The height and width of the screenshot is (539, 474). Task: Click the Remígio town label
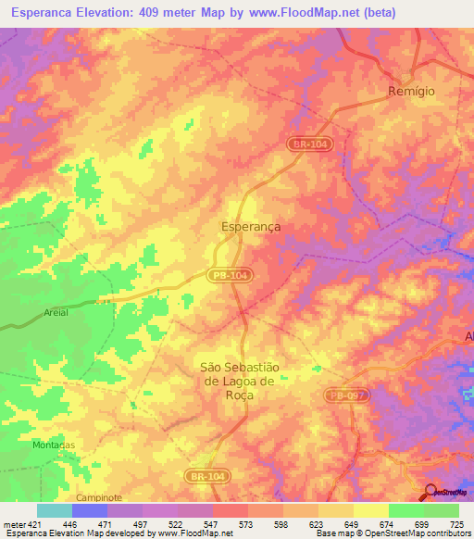[410, 93]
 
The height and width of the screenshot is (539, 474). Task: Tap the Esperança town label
[252, 225]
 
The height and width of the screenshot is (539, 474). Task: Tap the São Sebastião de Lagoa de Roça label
[240, 381]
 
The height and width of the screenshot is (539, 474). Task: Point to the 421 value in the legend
[35, 523]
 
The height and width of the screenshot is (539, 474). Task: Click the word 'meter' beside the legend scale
[12, 523]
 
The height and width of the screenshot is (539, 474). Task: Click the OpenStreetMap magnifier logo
[430, 493]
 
